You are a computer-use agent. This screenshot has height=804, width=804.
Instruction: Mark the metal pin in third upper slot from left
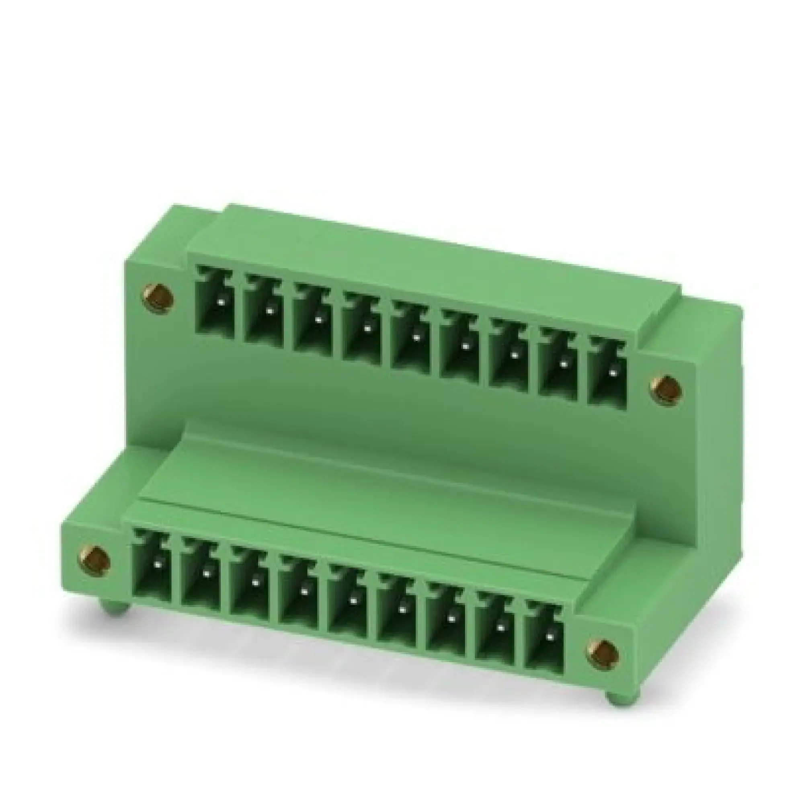click(319, 320)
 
